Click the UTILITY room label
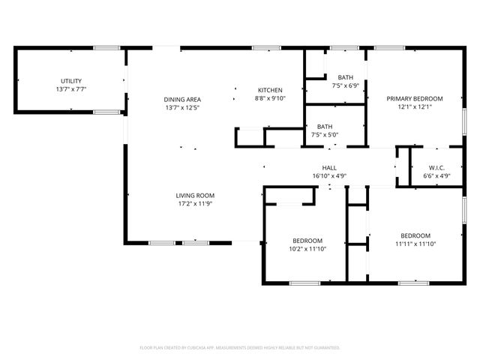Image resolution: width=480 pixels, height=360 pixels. [x=71, y=81]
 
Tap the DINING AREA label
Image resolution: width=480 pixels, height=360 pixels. [x=182, y=99]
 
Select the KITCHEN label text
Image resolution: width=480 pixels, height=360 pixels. [x=270, y=90]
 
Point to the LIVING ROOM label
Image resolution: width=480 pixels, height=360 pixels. [x=195, y=195]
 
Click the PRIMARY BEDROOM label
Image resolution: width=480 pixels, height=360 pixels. [x=414, y=98]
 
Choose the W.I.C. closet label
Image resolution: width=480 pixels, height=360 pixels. [x=438, y=167]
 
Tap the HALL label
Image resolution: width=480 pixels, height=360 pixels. [x=329, y=168]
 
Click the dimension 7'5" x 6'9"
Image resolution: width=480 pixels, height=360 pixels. [x=345, y=85]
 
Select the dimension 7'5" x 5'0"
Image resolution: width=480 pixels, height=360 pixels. [x=325, y=135]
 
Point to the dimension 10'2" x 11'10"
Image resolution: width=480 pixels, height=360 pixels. [x=306, y=248]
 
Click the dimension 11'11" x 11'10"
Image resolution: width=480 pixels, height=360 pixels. [x=415, y=243]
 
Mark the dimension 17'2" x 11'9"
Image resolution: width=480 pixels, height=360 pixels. [x=195, y=203]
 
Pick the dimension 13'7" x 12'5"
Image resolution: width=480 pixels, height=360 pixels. [x=182, y=107]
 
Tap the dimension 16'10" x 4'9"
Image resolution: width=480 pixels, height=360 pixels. [x=329, y=176]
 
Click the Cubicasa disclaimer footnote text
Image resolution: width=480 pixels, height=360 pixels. [x=240, y=348]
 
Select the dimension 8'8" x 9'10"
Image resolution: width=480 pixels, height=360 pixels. [x=270, y=98]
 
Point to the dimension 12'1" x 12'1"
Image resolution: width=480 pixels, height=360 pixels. [x=414, y=106]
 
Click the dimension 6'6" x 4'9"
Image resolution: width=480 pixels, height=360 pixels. [x=438, y=175]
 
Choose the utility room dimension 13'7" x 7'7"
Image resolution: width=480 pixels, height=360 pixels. [x=71, y=89]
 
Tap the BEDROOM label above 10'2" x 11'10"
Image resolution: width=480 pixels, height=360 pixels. [x=306, y=240]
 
